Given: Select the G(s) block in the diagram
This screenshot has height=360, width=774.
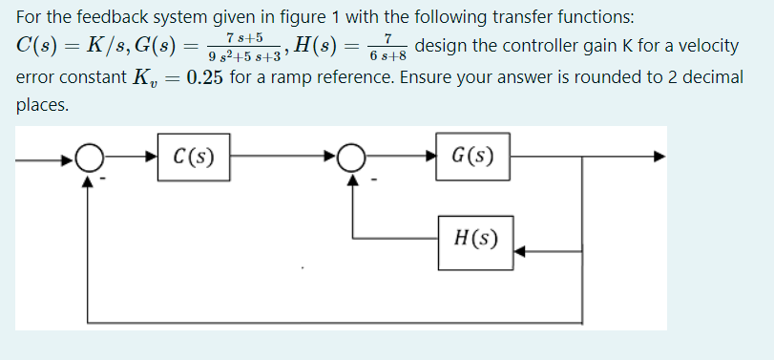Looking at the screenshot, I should tap(471, 156).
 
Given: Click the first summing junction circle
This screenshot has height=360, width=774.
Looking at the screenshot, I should tap(91, 156).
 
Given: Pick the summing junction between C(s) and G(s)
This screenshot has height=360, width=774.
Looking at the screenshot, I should tap(354, 156).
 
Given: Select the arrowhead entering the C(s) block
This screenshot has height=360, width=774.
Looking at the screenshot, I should tap(155, 156).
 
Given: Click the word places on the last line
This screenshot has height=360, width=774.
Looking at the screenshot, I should tap(43, 104).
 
